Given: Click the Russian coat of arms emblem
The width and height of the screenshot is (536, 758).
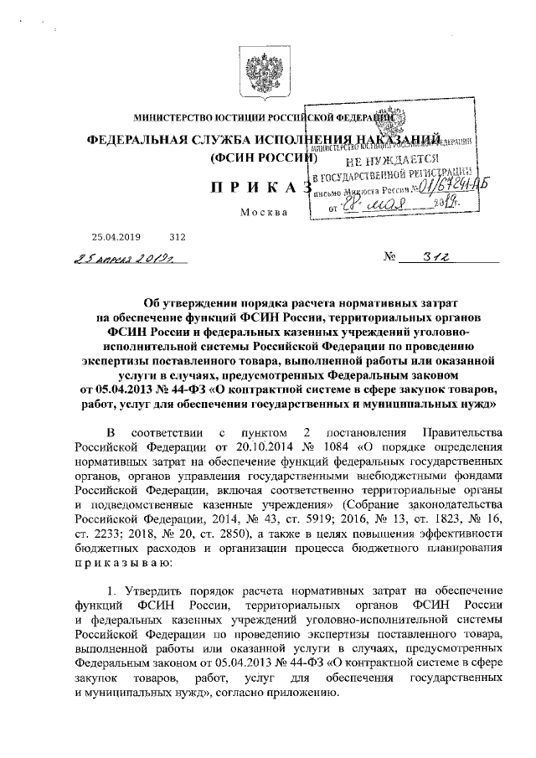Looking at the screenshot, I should point(268,75).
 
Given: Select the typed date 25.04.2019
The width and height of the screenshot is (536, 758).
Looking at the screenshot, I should point(117,237).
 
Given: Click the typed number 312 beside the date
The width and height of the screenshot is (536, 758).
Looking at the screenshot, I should point(178,237).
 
